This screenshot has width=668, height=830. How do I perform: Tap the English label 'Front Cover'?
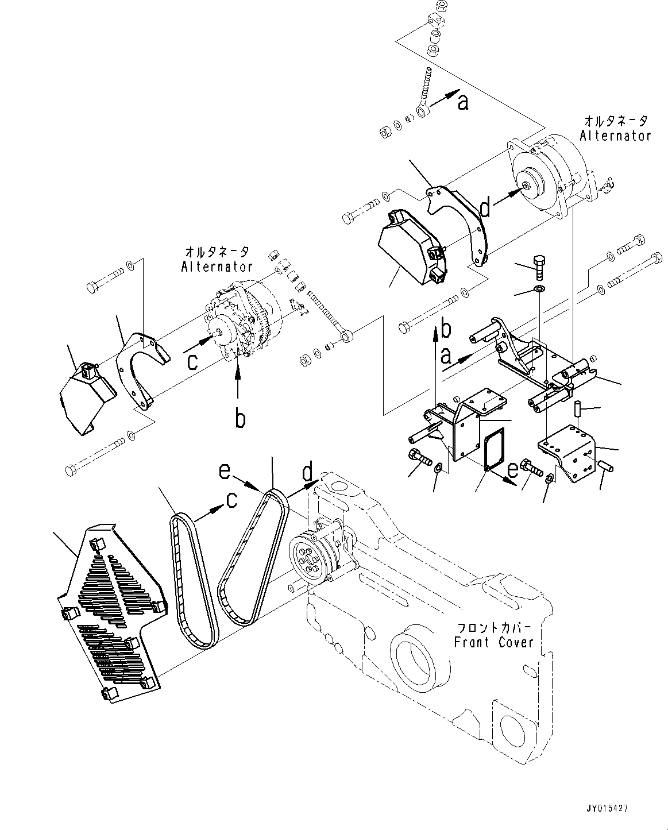[493, 642]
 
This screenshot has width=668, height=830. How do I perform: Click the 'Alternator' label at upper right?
[615, 136]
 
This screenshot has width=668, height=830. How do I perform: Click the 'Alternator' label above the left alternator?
[217, 267]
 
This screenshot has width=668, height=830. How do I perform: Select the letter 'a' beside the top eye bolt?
[463, 102]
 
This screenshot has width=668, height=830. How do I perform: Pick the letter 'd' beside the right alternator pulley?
[486, 209]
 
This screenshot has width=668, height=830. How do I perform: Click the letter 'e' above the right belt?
[226, 472]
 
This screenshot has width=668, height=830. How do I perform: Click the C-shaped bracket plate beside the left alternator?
[141, 371]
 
